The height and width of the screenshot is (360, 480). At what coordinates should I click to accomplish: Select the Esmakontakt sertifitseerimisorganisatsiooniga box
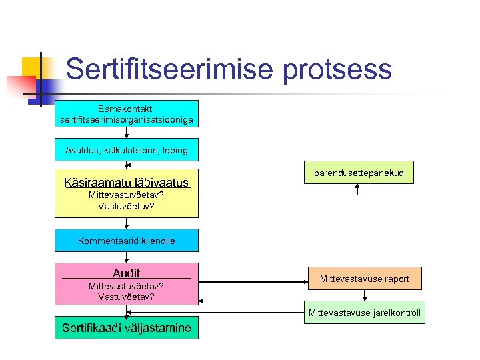127,113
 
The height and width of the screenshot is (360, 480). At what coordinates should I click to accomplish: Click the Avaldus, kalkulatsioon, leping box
127,151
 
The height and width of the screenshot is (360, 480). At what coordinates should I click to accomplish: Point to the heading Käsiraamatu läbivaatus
127,183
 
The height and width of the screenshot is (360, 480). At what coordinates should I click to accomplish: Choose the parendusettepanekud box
359,173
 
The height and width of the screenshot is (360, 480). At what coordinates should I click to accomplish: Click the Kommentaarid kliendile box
127,241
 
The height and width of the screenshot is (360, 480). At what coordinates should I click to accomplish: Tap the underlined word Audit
127,273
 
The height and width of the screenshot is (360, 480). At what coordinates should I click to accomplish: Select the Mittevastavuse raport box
364,279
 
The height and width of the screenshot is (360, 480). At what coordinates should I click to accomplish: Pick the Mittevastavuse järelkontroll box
364,313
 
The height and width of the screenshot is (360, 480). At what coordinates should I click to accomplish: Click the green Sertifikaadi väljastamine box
127,327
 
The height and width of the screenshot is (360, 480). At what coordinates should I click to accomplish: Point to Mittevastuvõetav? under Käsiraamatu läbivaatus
127,195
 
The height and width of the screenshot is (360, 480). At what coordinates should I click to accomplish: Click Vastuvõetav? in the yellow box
127,206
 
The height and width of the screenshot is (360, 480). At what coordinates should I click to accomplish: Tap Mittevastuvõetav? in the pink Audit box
127,286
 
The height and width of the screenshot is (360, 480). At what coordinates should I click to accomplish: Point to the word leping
173,151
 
